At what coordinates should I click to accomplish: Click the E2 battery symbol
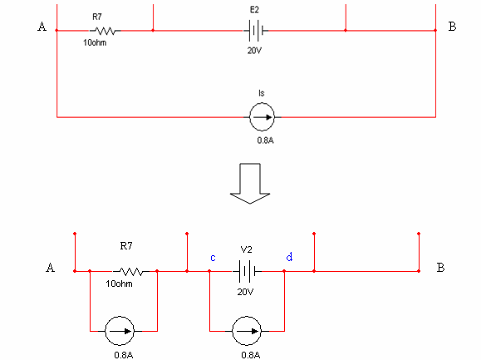pyautogui.click(x=256, y=31)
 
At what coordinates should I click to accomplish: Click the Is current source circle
pyautogui.click(x=262, y=117)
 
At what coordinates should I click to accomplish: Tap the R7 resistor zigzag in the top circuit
pyautogui.click(x=105, y=31)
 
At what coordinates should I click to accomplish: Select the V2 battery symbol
pyautogui.click(x=247, y=271)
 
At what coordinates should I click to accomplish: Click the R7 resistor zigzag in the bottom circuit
pyautogui.click(x=131, y=272)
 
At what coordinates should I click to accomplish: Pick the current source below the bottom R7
pyautogui.click(x=120, y=331)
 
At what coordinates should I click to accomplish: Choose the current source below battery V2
pyautogui.click(x=247, y=331)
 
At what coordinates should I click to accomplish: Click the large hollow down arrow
pyautogui.click(x=250, y=183)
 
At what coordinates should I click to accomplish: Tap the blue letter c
pyautogui.click(x=213, y=258)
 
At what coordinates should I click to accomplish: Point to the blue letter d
pyautogui.click(x=289, y=257)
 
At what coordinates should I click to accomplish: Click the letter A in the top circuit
pyautogui.click(x=42, y=27)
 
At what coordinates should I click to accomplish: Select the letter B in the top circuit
pyautogui.click(x=452, y=27)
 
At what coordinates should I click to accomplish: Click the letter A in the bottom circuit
pyautogui.click(x=51, y=268)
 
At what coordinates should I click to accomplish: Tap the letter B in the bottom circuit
pyautogui.click(x=440, y=268)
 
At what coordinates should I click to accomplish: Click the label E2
pyautogui.click(x=254, y=10)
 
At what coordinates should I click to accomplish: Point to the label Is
pyautogui.click(x=262, y=93)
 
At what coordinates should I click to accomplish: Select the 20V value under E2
pyautogui.click(x=254, y=51)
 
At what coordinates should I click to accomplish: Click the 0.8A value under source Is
pyautogui.click(x=265, y=141)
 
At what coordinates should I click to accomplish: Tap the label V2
pyautogui.click(x=246, y=249)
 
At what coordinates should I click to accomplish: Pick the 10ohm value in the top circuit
pyautogui.click(x=95, y=42)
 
